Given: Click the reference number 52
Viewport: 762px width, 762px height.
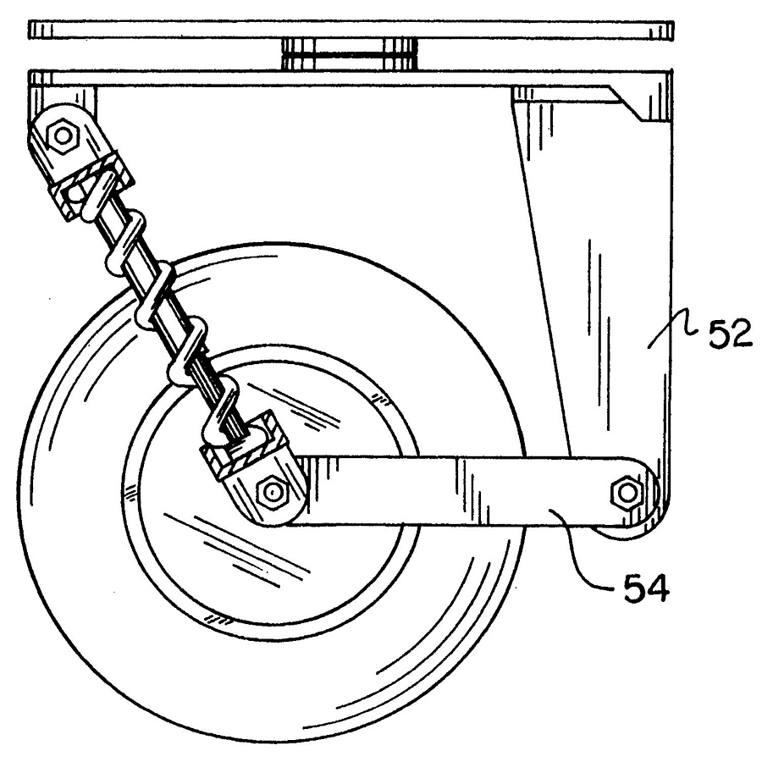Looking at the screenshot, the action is (730, 334).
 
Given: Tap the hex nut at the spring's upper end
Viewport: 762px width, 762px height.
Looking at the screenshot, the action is (62, 135).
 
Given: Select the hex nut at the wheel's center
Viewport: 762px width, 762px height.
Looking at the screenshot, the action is (272, 493).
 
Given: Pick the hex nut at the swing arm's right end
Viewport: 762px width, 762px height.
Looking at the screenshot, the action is (627, 493).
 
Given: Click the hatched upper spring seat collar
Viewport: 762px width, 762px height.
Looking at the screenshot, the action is (92, 182).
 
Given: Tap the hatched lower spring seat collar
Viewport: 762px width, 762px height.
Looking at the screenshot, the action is (246, 444).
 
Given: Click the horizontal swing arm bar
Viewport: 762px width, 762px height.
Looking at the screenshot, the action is (467, 491).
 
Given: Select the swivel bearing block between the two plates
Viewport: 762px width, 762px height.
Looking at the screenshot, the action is (350, 53).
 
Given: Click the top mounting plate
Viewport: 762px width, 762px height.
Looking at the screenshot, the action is (351, 30).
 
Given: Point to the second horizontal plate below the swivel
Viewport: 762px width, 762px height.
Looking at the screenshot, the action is (350, 78).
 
